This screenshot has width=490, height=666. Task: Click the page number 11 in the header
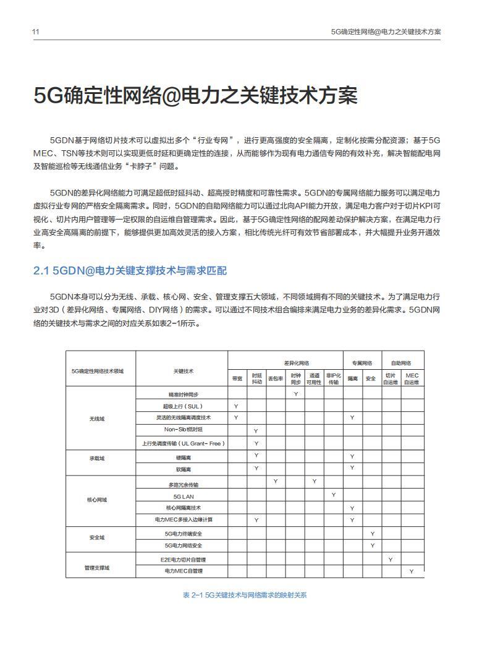36,31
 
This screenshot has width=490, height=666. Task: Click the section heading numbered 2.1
130,271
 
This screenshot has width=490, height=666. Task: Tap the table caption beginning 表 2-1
245,595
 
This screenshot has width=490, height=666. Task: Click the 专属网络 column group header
362,363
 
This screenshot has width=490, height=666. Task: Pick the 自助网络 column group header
401,363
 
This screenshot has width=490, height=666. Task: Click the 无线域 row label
98,419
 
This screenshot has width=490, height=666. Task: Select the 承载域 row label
98,458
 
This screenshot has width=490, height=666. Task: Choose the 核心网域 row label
98,499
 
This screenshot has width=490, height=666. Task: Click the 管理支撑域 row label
98,567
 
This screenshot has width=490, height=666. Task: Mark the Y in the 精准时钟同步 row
296,393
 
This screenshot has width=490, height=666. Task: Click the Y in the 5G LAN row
334,495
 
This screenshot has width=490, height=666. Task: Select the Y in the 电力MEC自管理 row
412,571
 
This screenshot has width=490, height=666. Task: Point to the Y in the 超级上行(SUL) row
237,406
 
